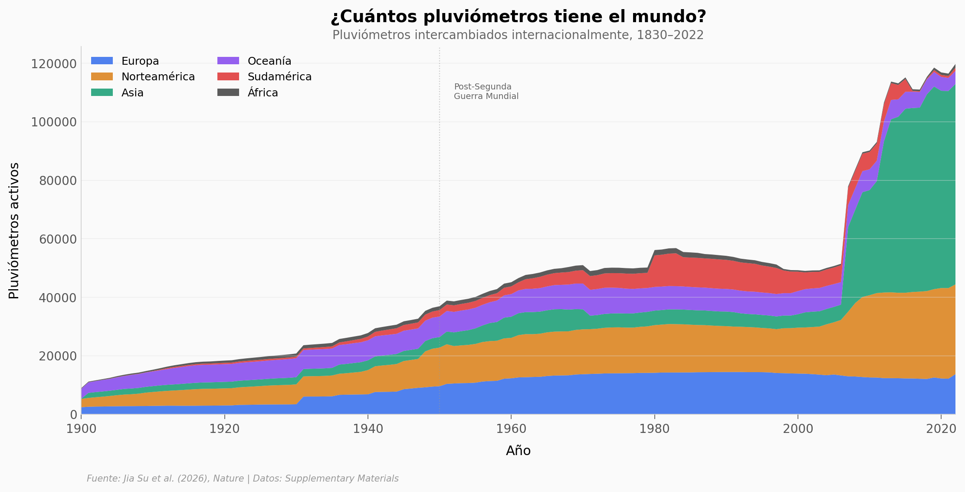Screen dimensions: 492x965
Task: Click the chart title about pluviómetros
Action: tap(518, 17)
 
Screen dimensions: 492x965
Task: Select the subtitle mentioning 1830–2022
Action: tap(518, 35)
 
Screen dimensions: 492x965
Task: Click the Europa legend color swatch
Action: tap(102, 61)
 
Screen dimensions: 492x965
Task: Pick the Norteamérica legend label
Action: tap(158, 77)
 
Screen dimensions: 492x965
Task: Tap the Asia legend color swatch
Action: tap(102, 92)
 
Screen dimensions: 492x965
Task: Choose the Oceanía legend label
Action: tap(269, 61)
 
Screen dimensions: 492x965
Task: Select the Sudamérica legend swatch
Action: tap(228, 77)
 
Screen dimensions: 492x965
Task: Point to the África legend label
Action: tap(263, 92)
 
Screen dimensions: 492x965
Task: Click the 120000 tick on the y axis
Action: tap(54, 64)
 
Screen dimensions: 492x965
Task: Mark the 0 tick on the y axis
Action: tap(73, 415)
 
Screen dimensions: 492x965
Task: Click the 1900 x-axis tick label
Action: tap(81, 429)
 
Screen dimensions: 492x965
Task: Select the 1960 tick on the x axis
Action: tap(511, 429)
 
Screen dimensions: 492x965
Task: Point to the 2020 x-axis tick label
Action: tap(941, 429)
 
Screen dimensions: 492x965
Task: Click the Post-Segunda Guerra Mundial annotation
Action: tap(486, 92)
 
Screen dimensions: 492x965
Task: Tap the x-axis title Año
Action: tap(518, 451)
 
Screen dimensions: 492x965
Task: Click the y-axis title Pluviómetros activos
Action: tap(14, 231)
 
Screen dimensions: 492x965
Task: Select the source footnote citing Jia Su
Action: tap(243, 479)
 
